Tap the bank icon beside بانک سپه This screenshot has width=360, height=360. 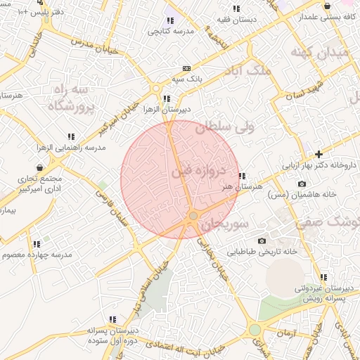[x=186, y=68]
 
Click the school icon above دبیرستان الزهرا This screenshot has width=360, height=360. [x=166, y=98]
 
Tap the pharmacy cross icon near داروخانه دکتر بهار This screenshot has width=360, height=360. [x=319, y=153]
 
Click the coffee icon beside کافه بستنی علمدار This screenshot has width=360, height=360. [x=327, y=6]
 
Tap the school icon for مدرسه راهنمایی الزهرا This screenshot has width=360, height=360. [x=71, y=136]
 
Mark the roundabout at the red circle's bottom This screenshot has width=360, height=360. [x=193, y=215]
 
